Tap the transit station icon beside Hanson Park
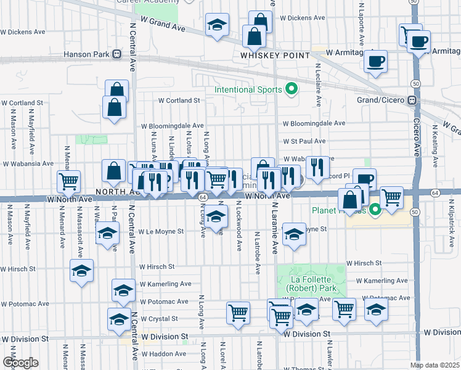(116, 54)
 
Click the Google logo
(20, 363)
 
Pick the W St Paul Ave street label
(304, 141)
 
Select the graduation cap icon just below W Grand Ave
(216, 25)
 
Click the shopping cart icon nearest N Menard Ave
(68, 181)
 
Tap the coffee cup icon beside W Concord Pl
(364, 179)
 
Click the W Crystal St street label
(159, 319)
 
